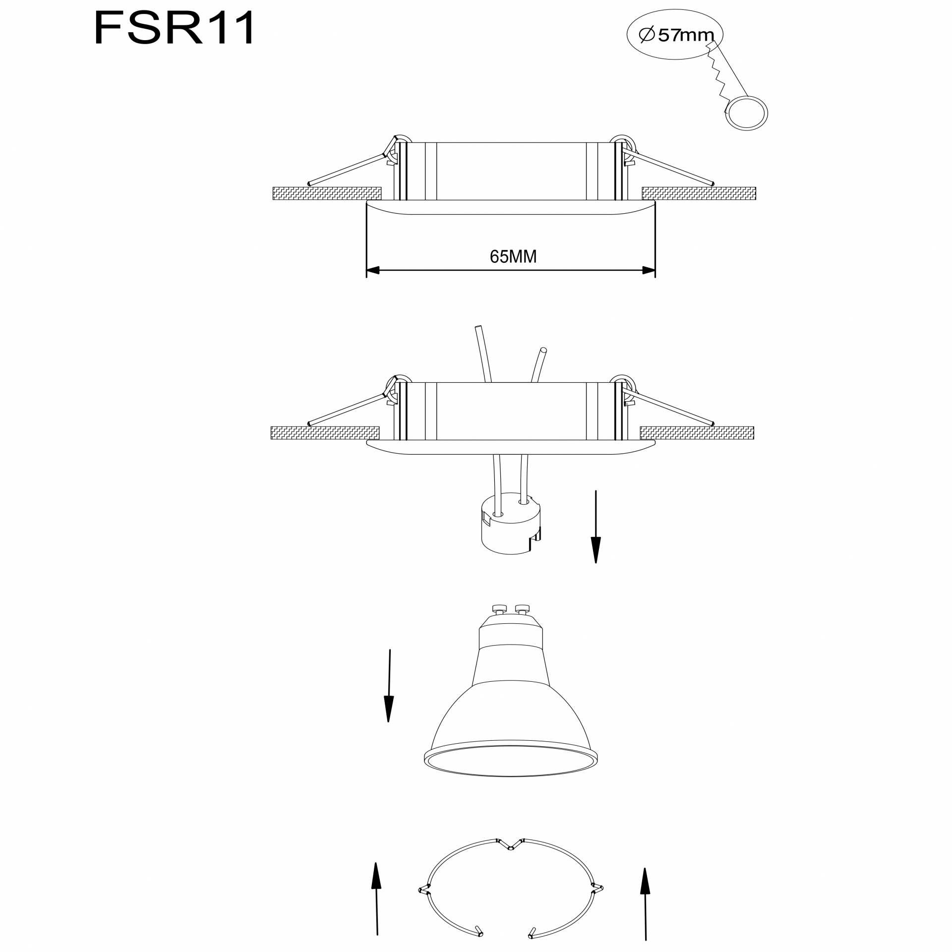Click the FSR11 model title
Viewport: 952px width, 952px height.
tap(174, 28)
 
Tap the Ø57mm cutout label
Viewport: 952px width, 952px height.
tap(676, 35)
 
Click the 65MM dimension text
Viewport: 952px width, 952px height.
tap(513, 256)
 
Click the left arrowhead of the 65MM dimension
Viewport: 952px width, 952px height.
tap(373, 270)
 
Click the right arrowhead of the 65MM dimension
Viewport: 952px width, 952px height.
tap(649, 270)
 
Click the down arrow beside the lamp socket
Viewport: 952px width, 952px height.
tap(595, 527)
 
